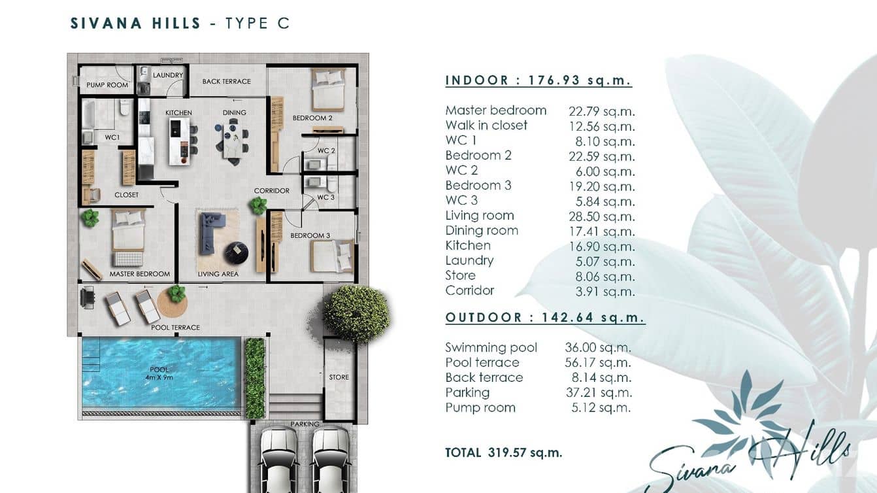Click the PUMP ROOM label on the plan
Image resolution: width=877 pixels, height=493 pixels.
tap(107, 85)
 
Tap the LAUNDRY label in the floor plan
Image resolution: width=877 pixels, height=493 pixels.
tap(168, 75)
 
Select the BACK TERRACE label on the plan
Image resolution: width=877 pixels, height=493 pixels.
tap(226, 82)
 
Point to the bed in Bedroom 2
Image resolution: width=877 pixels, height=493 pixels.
tap(327, 90)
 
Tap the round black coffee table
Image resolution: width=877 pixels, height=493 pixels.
tap(236, 252)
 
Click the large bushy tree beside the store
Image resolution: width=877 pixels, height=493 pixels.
tap(356, 313)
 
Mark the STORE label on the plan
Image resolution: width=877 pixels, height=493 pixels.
tap(339, 377)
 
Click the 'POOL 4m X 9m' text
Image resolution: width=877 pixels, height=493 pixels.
tap(159, 373)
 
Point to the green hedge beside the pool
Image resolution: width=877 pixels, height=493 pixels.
tap(254, 377)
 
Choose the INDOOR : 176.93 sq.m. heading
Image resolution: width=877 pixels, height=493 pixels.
tap(538, 80)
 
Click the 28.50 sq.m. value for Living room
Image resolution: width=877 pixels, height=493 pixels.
tap(601, 216)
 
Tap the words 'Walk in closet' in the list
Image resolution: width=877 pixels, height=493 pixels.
tap(486, 126)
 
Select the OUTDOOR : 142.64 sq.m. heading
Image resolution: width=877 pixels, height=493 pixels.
tap(545, 318)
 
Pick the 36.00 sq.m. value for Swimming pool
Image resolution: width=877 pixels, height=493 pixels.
tap(598, 348)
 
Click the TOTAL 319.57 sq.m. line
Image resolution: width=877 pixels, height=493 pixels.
tap(503, 452)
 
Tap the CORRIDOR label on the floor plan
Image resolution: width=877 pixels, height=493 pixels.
tap(272, 191)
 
